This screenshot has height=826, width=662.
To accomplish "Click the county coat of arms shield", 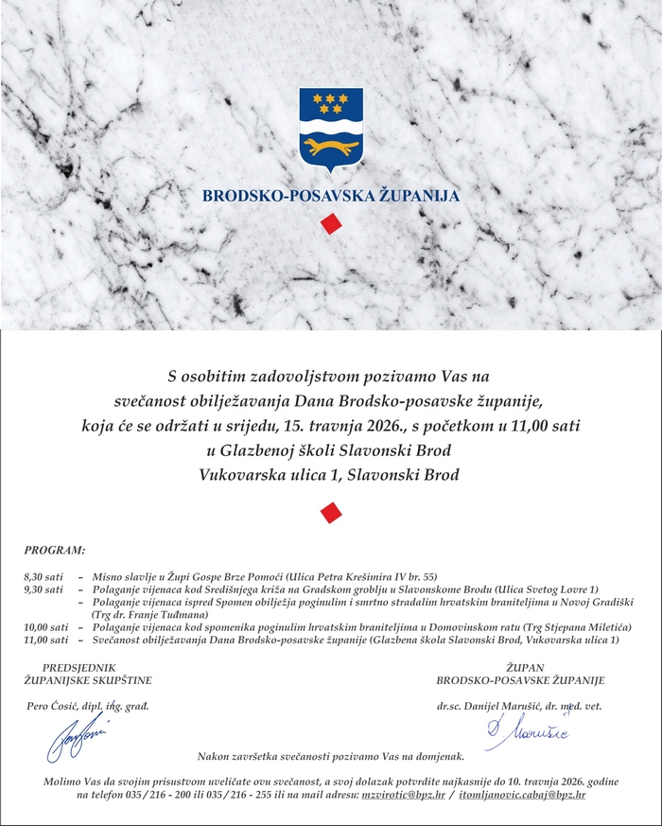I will (x=330, y=129).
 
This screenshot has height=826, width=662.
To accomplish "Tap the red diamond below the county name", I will (x=330, y=224).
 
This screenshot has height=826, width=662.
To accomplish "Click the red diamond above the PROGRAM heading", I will (x=330, y=512).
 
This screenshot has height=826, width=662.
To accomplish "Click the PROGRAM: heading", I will (x=55, y=550).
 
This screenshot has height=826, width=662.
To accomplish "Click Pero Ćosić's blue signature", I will (x=76, y=737).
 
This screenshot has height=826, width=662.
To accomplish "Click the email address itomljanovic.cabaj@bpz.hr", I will (x=521, y=796).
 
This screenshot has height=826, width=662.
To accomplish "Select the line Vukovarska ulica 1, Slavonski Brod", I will (x=330, y=474).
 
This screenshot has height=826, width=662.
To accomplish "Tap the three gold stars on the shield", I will (x=330, y=101).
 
